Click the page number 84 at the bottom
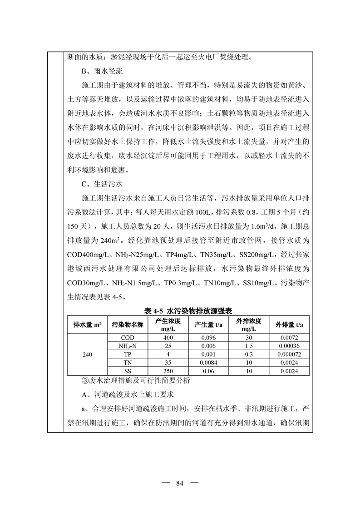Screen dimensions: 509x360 click(179, 482)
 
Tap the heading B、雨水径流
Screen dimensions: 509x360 click(102, 71)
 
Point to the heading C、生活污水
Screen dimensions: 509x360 click(102, 185)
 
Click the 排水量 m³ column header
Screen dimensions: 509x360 click(87, 324)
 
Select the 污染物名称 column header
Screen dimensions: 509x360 click(128, 324)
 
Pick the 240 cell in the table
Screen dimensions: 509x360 click(87, 354)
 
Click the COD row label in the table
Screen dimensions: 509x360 click(128, 338)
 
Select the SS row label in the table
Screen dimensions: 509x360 click(128, 371)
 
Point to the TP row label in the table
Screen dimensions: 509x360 click(128, 354)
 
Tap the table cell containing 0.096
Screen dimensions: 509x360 click(208, 338)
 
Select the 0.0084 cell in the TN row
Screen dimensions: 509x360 click(208, 362)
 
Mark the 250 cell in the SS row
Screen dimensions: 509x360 click(168, 371)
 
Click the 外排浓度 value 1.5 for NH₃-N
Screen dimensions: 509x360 click(248, 346)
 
